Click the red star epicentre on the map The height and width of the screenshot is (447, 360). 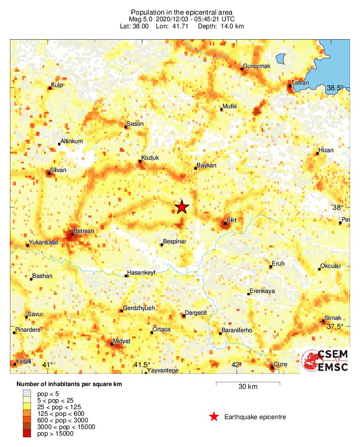182,207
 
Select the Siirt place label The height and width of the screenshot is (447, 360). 231,220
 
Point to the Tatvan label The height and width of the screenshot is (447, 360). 300,83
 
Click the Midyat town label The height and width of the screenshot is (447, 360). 122,341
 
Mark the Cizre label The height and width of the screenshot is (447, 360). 281,365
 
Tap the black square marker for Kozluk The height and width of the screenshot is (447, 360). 140,162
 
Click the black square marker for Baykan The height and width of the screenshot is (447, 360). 196,168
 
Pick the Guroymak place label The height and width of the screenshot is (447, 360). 256,66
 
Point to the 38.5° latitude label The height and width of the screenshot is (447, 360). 336,88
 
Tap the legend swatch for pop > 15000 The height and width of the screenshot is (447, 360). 27,434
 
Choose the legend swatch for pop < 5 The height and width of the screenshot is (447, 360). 27,393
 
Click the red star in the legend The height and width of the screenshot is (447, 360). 214,417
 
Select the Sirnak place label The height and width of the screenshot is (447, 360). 333,318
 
